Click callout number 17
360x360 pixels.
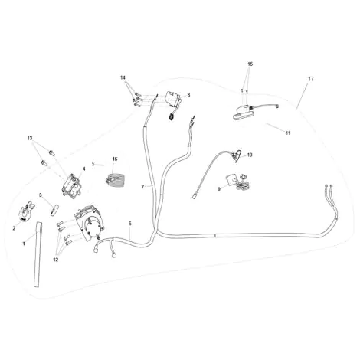[x=311, y=79]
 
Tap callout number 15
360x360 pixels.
[x=250, y=64]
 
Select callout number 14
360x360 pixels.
[x=123, y=77]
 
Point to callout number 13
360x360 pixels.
[x=30, y=138]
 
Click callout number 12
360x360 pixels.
[x=56, y=260]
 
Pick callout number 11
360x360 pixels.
[x=288, y=133]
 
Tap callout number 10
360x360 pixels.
[x=250, y=155]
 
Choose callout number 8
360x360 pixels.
[x=188, y=95]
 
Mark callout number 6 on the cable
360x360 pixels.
[x=130, y=224]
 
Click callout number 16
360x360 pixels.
[x=115, y=159]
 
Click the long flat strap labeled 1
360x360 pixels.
[x=38, y=254]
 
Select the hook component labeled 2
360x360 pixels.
[x=26, y=211]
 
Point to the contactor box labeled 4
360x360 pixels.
[x=70, y=185]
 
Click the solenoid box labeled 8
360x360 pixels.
[x=173, y=99]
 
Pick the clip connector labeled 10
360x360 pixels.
[x=237, y=155]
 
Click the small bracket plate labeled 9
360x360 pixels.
[x=231, y=180]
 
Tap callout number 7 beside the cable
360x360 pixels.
[x=142, y=187]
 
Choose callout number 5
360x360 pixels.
[x=93, y=164]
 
